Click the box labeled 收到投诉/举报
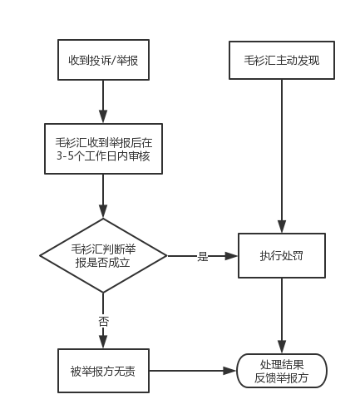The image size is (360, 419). coord(103,60)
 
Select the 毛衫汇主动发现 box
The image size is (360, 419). coord(282,60)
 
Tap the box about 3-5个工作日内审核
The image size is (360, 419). coord(103,149)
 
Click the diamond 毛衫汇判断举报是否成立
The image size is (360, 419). coord(103,255)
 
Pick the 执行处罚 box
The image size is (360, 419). coord(282,255)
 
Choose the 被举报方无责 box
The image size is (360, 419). coord(103,371)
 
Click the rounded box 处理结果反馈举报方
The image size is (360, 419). coord(282,371)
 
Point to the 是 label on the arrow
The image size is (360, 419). coord(203,256)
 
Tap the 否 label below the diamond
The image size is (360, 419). coord(103,322)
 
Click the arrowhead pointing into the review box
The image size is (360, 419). coord(103,116)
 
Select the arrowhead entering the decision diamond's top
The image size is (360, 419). coord(103,212)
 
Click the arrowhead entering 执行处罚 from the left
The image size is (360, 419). coord(231,256)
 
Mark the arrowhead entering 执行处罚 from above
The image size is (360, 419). coord(282,227)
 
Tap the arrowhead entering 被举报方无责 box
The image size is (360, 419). coord(103,342)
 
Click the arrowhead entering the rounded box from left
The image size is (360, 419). coord(229,371)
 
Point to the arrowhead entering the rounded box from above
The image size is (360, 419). coord(282,347)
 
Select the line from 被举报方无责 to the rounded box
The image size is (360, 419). coord(193,371)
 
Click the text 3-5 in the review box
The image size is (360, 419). coord(64,156)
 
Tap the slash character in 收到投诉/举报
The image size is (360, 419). coord(113,61)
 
